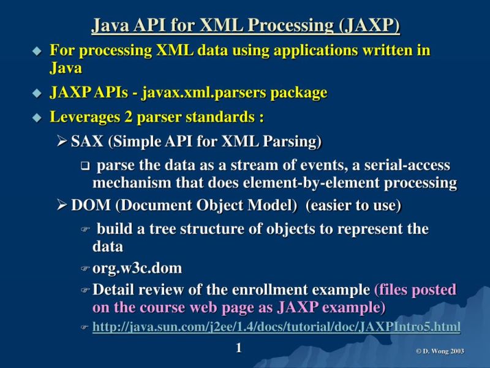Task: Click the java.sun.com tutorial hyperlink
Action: (x=276, y=328)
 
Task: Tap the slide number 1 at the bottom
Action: (x=239, y=348)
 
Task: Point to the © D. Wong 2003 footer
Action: (x=440, y=351)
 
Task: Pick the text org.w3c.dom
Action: (x=137, y=269)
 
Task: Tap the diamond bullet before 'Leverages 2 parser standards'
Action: (x=37, y=117)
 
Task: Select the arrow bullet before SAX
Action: (x=61, y=142)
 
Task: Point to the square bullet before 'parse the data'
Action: (x=85, y=166)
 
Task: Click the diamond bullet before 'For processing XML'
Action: (x=37, y=51)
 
